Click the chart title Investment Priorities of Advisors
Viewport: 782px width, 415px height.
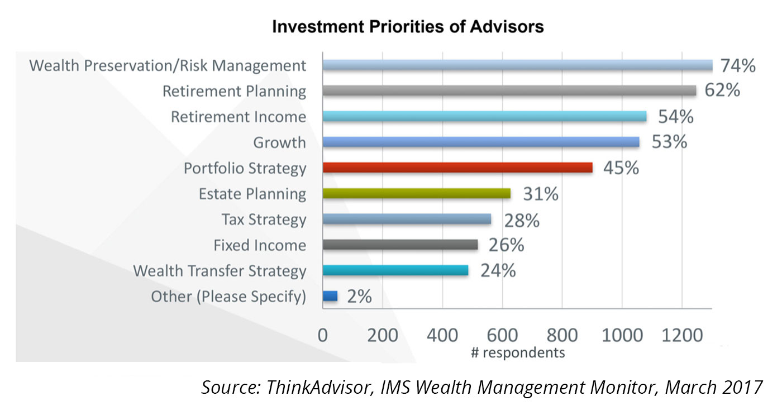pyautogui.click(x=408, y=26)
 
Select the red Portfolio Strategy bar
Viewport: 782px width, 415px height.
pyautogui.click(x=457, y=168)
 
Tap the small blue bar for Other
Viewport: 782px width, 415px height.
pyautogui.click(x=330, y=296)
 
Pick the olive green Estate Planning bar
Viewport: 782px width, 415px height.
pyautogui.click(x=417, y=194)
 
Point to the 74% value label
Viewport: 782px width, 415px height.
pyautogui.click(x=737, y=65)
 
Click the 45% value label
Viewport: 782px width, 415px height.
pyautogui.click(x=621, y=168)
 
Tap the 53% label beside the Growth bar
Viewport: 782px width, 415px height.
pyautogui.click(x=669, y=142)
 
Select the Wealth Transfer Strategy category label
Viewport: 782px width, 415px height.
pyautogui.click(x=220, y=271)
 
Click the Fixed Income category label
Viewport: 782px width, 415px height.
pyautogui.click(x=260, y=245)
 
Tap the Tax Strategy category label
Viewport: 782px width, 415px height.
pyautogui.click(x=264, y=220)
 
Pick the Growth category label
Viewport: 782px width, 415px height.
pyautogui.click(x=279, y=142)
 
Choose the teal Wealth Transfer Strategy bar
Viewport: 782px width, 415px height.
pyautogui.click(x=395, y=270)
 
